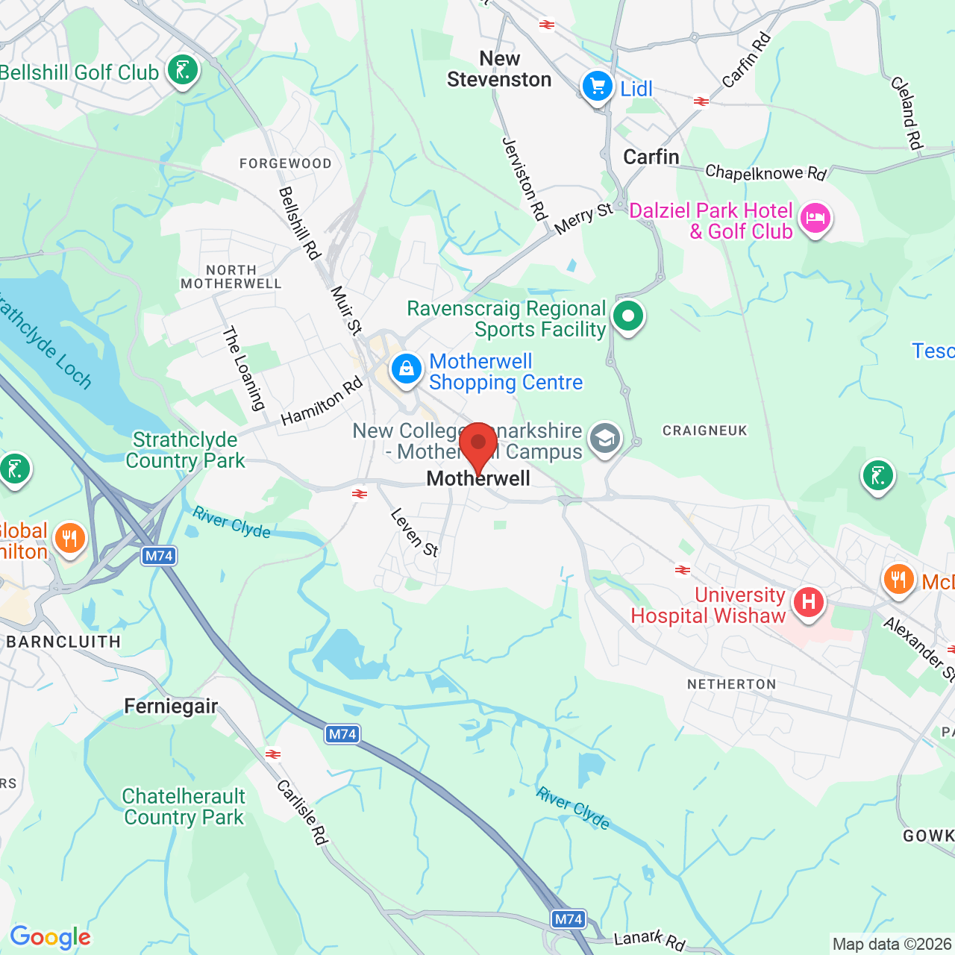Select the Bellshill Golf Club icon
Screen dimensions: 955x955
coord(182,71)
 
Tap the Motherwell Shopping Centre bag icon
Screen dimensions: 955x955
coord(407,369)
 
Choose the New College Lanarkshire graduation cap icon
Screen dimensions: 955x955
coord(605,439)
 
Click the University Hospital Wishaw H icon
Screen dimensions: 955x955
coord(808,601)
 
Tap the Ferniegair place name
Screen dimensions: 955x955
coord(171,706)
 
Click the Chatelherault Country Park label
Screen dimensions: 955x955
coord(184,807)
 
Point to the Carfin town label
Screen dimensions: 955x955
coord(651,157)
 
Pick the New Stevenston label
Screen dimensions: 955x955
coord(499,69)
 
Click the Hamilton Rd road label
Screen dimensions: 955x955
coord(322,401)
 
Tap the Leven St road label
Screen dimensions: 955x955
coord(414,533)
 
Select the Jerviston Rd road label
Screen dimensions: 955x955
coord(525,179)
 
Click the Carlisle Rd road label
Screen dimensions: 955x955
coord(302,812)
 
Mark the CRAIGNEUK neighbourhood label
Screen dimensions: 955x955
coord(704,430)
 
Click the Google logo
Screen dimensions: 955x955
coord(50,937)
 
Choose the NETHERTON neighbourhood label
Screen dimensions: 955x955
coord(731,684)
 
